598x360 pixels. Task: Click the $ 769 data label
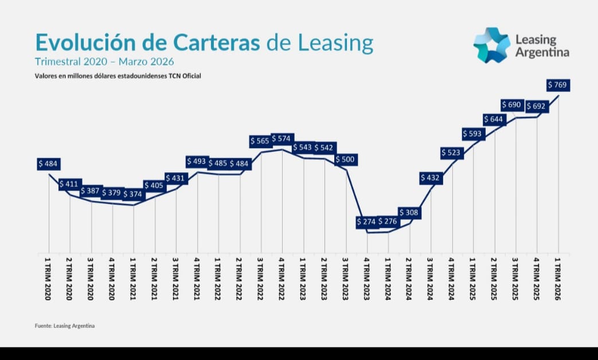[558, 85]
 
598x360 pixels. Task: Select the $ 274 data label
[367, 222]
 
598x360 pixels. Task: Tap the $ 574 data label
[282, 139]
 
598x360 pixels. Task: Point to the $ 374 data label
[133, 194]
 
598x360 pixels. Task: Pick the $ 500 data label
[346, 159]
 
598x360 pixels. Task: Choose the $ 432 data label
[431, 178]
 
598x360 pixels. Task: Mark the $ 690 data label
[512, 105]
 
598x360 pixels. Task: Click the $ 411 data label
[70, 185]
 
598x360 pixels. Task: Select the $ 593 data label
[473, 134]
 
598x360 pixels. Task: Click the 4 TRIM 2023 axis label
[367, 279]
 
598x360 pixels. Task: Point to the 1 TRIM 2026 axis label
[558, 279]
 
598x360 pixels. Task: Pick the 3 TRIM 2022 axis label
[260, 279]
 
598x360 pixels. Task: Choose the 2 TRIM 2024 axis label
[409, 279]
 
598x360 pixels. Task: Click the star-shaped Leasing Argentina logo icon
[492, 45]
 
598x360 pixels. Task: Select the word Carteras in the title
[217, 42]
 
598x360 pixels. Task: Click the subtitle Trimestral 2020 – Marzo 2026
[104, 62]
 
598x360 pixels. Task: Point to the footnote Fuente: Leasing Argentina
[65, 326]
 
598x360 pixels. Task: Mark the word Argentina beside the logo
[542, 53]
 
